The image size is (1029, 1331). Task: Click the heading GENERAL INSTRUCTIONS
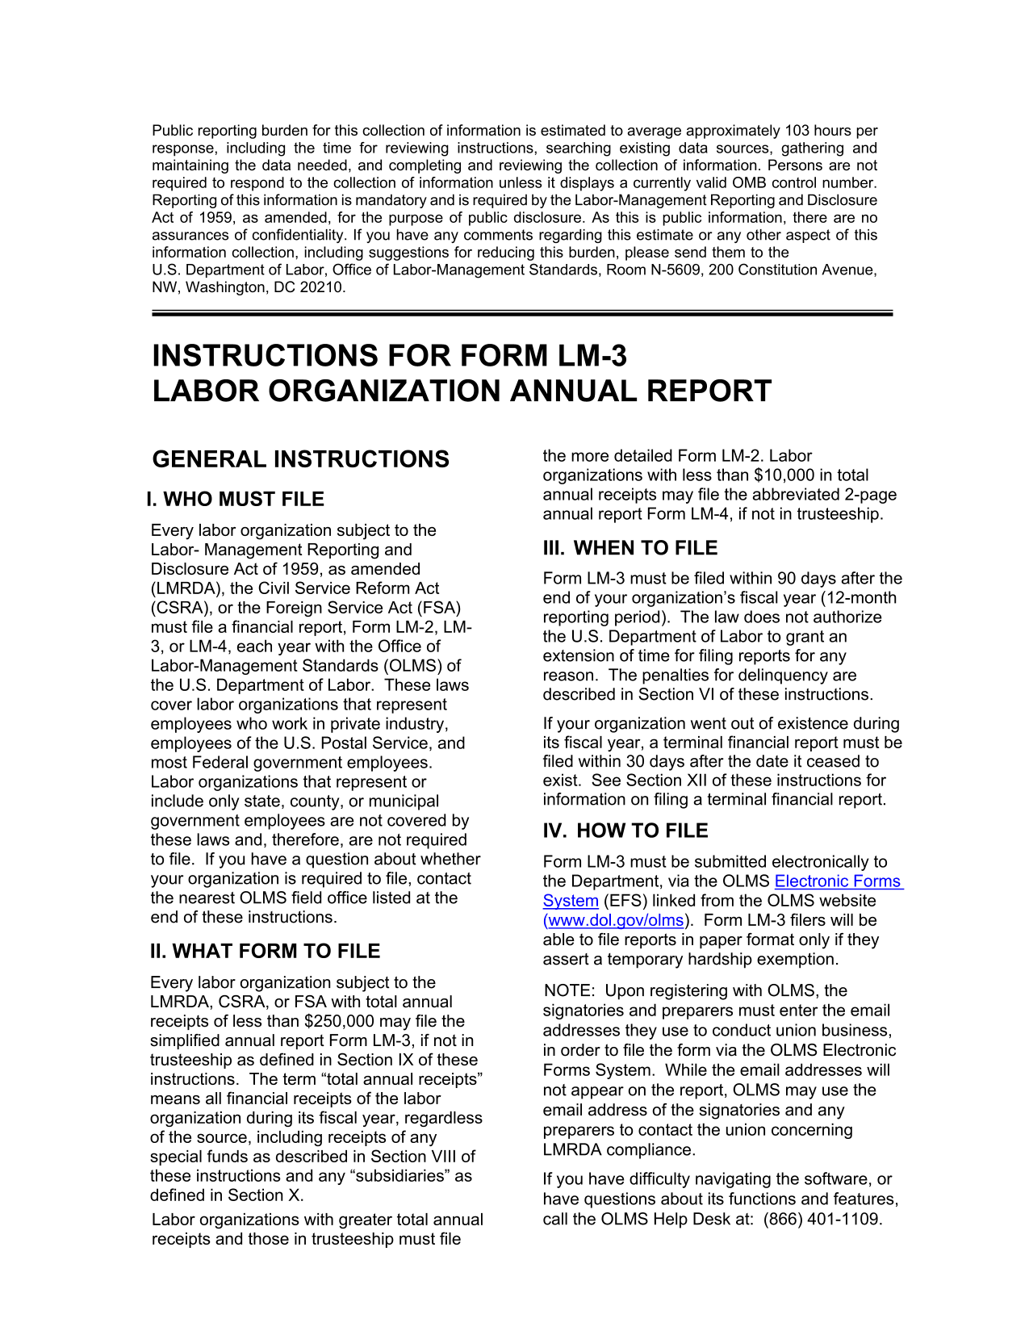(300, 459)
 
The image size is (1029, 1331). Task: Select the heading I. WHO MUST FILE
(236, 500)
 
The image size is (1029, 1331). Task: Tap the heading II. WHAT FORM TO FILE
(265, 952)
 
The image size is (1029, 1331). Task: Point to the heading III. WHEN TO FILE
(630, 548)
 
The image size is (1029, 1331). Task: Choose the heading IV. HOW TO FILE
(625, 831)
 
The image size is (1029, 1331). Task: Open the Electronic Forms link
(838, 881)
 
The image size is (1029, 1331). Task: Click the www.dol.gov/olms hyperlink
(615, 920)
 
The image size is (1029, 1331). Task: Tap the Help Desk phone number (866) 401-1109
(822, 1219)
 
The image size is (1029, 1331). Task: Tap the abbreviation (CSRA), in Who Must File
(180, 608)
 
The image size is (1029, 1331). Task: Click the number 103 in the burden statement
(795, 131)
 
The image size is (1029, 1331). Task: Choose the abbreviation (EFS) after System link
(625, 901)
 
